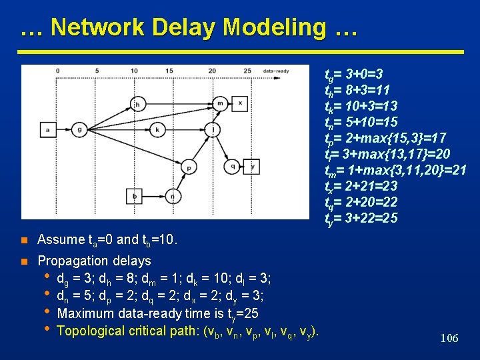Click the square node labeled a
tap(48, 129)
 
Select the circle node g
tap(79, 129)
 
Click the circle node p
tap(189, 167)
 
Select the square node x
tap(241, 104)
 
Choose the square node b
tap(135, 196)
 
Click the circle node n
tap(173, 196)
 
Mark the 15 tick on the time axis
tap(169, 70)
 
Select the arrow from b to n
tap(153, 196)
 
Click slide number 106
tap(449, 339)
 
